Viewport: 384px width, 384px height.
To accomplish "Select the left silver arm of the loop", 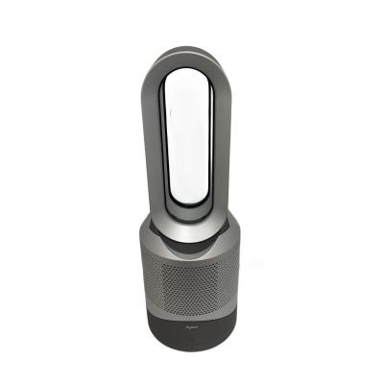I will click(x=157, y=144).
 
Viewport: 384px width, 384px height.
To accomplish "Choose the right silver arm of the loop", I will click(x=226, y=144).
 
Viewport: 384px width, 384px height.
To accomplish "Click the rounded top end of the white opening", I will click(x=191, y=75).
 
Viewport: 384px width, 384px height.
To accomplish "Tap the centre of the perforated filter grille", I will click(x=191, y=288).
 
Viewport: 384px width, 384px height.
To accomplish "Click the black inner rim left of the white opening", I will click(x=170, y=144).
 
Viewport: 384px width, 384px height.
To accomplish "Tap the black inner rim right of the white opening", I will click(x=213, y=144).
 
